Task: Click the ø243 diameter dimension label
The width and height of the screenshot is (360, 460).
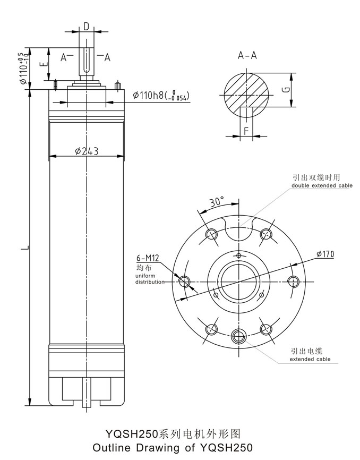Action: click(x=86, y=151)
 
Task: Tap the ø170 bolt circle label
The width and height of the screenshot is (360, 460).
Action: click(x=325, y=254)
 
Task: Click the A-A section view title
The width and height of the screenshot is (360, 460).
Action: click(x=247, y=56)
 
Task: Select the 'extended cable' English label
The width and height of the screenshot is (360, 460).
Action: click(x=310, y=360)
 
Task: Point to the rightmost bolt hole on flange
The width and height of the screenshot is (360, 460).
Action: click(x=293, y=280)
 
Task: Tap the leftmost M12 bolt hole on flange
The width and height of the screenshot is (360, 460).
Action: click(x=185, y=280)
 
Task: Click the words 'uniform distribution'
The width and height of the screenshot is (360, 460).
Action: click(x=150, y=278)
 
